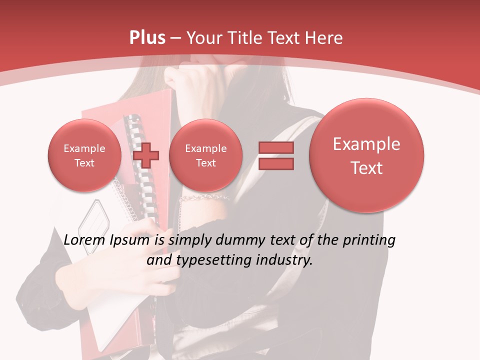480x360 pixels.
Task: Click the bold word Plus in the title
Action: [147, 38]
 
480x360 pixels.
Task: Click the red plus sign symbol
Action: [146, 155]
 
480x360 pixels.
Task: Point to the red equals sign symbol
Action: [276, 155]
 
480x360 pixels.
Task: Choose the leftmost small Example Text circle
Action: [84, 155]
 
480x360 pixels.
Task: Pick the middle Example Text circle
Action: [205, 155]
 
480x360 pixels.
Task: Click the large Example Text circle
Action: [366, 155]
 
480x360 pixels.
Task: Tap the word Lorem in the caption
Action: [83, 240]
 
